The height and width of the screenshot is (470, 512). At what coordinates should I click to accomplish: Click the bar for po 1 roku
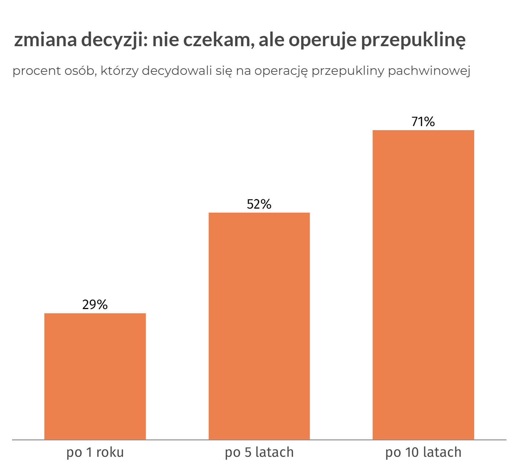(95, 376)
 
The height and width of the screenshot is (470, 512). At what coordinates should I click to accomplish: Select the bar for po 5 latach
(259, 326)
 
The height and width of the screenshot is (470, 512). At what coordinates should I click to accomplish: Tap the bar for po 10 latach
(423, 284)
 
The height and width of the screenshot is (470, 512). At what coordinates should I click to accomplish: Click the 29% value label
(95, 305)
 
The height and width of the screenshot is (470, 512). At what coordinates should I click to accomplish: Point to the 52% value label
(259, 204)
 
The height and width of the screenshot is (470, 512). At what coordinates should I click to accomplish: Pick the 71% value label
(423, 122)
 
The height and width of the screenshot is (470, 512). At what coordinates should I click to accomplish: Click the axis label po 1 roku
(95, 452)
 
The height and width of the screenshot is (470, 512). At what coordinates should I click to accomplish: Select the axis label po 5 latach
(259, 452)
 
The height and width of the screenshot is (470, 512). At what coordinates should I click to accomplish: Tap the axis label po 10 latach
(423, 452)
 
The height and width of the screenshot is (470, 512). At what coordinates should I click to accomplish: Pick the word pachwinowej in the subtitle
(429, 71)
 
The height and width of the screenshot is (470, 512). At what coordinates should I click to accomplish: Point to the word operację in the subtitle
(281, 71)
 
